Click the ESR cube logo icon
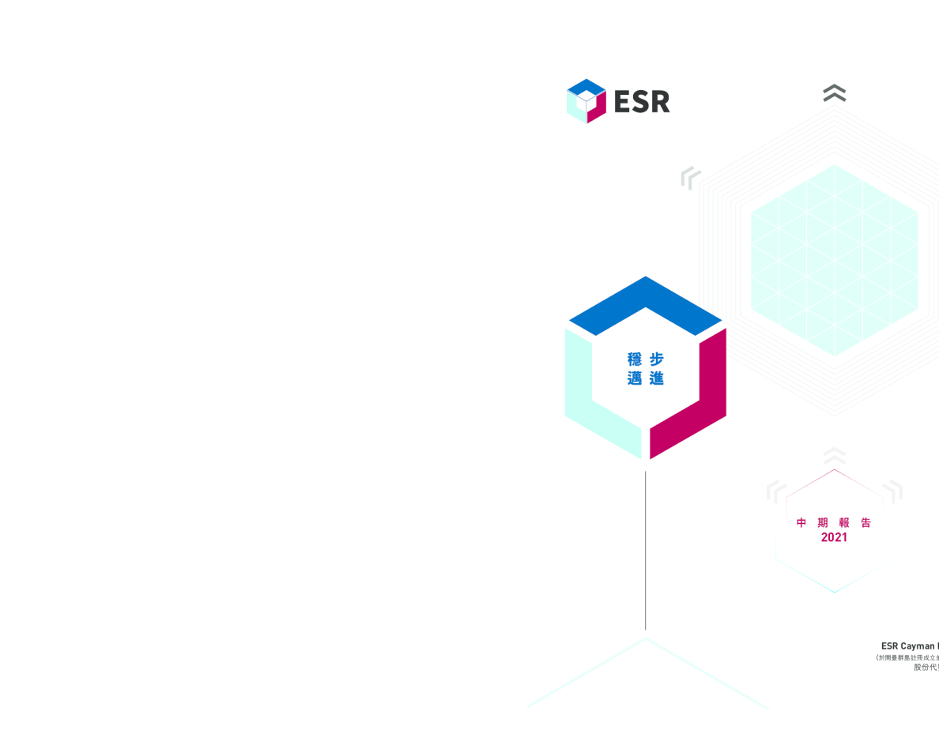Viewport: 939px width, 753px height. click(586, 101)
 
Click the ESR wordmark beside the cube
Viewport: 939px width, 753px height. click(642, 102)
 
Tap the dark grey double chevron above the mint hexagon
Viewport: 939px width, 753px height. click(834, 93)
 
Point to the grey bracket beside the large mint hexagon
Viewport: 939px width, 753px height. click(690, 178)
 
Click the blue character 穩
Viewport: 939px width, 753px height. click(635, 360)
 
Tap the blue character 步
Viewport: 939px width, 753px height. click(656, 360)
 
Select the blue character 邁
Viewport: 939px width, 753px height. click(635, 378)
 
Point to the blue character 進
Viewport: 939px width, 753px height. click(656, 378)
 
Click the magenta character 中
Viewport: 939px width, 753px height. click(801, 522)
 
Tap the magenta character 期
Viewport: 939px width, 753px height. click(823, 522)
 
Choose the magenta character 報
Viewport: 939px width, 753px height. click(844, 522)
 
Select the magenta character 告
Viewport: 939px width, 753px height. click(865, 522)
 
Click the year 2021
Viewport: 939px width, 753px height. click(834, 537)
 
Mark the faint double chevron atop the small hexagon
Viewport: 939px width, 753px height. click(834, 456)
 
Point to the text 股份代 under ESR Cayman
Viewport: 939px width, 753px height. click(926, 668)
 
